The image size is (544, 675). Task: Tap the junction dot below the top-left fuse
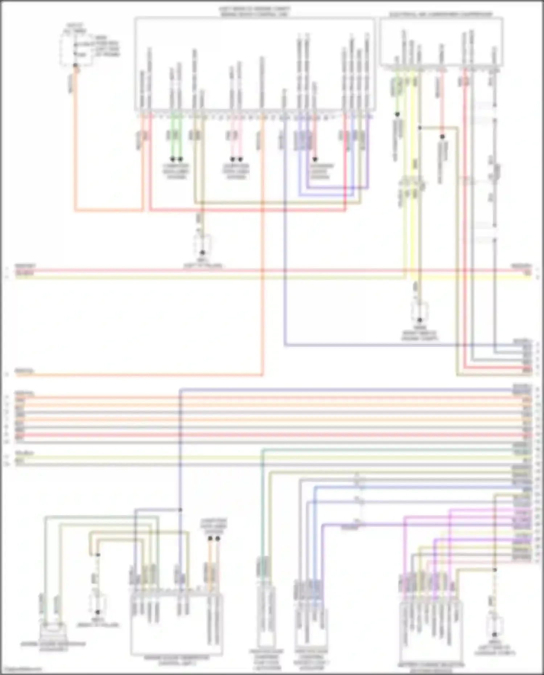pyautogui.click(x=75, y=66)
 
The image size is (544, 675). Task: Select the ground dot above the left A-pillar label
pyautogui.click(x=202, y=252)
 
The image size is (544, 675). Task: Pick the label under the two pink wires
pyautogui.click(x=236, y=171)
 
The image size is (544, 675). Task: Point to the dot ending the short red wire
pyautogui.click(x=315, y=159)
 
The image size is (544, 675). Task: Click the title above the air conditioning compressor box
pyautogui.click(x=441, y=15)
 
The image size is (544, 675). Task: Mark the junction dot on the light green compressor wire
pyautogui.click(x=397, y=115)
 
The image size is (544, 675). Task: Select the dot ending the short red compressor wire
pyautogui.click(x=442, y=137)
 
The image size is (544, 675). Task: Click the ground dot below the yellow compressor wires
pyautogui.click(x=420, y=320)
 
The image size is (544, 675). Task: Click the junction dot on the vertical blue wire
pyautogui.click(x=180, y=510)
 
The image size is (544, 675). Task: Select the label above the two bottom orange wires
pyautogui.click(x=214, y=526)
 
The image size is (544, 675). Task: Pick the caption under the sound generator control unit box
pyautogui.click(x=176, y=659)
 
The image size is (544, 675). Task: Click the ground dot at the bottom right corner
pyautogui.click(x=494, y=635)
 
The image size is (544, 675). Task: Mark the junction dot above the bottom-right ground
pyautogui.click(x=494, y=570)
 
